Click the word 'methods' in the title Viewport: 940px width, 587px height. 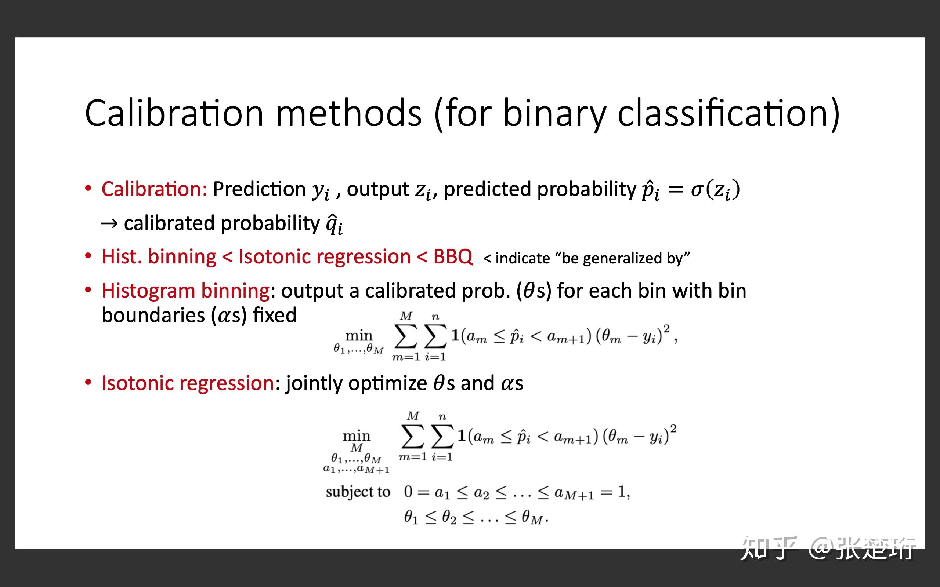coord(348,113)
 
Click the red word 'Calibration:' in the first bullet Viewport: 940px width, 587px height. coord(154,189)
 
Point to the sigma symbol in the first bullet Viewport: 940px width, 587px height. coord(697,189)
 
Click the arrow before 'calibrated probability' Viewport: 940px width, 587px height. coord(109,224)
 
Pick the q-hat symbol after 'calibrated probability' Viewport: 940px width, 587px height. coord(333,224)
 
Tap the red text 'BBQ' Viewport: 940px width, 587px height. coord(453,256)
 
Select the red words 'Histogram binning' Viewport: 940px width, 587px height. coord(186,291)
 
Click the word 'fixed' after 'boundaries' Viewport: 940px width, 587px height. coord(275,315)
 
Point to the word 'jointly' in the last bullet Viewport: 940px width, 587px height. coord(314,383)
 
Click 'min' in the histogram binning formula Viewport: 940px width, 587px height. coord(358,335)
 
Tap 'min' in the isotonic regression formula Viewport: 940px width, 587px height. coord(356,435)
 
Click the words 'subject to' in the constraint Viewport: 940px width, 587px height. coord(358,492)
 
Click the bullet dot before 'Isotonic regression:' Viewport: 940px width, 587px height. coord(88,383)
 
